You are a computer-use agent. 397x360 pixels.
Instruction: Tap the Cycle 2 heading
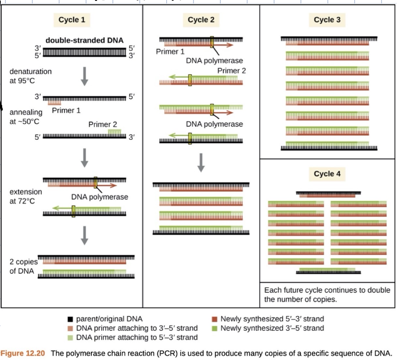(201, 20)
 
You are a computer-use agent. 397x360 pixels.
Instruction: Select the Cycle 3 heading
(327, 20)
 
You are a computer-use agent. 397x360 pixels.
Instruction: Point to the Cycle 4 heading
(327, 173)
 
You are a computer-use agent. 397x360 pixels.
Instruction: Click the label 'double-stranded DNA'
(84, 40)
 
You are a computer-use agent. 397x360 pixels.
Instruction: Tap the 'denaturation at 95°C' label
(30, 76)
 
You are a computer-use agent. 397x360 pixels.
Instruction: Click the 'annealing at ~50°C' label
(26, 117)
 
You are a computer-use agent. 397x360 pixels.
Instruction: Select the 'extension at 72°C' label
(26, 196)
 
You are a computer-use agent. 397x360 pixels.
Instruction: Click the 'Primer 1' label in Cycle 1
(66, 110)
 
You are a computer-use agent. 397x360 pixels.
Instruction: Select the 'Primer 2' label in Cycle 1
(102, 125)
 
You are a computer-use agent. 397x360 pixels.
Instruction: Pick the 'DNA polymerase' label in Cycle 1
(100, 197)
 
